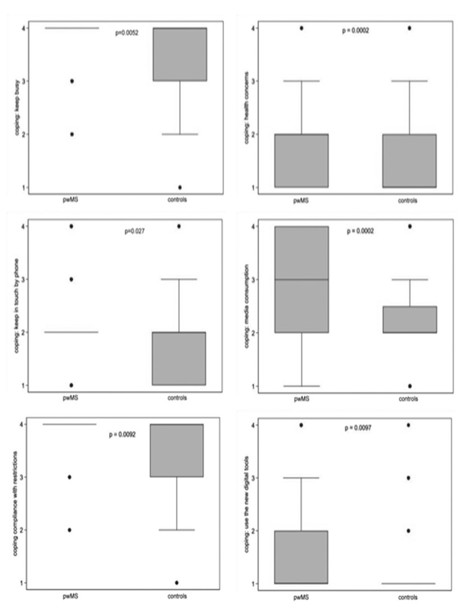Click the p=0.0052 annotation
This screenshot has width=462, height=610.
tap(127, 32)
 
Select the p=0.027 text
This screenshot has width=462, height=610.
tap(134, 231)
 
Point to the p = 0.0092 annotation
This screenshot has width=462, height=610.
tap(122, 435)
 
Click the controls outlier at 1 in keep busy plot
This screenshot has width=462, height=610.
tap(179, 187)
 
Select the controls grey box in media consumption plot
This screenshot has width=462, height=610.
tap(409, 319)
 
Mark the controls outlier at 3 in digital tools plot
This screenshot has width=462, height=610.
tap(408, 478)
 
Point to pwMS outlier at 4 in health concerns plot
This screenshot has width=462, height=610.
tap(302, 28)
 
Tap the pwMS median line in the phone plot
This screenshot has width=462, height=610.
tap(72, 332)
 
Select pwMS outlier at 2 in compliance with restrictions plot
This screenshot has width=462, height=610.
tap(69, 530)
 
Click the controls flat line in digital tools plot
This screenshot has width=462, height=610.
tap(408, 584)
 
